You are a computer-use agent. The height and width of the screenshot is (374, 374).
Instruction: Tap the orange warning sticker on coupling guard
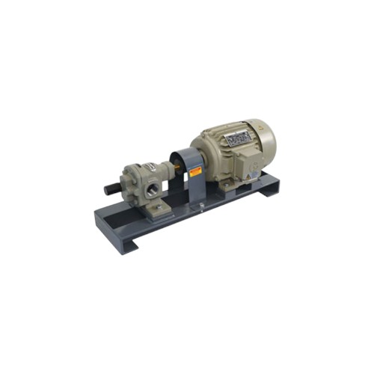(x=196, y=172)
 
